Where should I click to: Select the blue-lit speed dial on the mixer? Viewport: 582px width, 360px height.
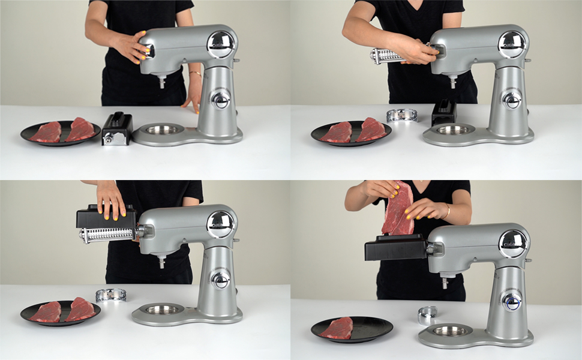(x=511, y=301)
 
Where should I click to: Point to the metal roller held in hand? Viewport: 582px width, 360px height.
(x=386, y=56)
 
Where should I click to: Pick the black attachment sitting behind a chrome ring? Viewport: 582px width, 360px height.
(x=444, y=113)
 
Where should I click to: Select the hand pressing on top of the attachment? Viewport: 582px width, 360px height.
(x=110, y=198)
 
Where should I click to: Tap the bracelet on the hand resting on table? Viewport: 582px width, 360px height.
(x=196, y=74)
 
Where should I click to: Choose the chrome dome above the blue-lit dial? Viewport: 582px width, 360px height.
(x=512, y=244)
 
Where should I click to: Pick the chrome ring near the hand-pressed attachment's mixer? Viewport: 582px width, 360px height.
(x=111, y=294)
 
